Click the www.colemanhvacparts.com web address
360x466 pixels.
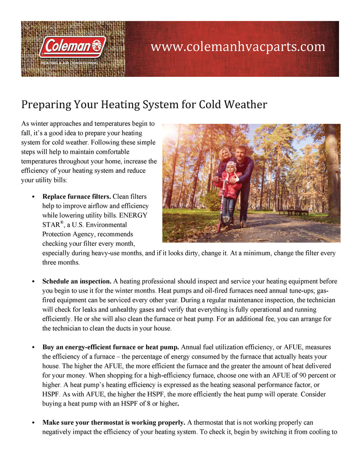238,47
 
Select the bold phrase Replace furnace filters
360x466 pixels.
76,197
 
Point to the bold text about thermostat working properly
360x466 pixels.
113,422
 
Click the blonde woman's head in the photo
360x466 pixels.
224,153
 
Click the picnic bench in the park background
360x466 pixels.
294,212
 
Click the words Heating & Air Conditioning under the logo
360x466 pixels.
70,63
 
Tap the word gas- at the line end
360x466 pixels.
329,291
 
